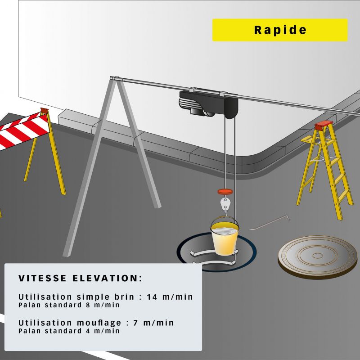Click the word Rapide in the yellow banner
(x=280, y=30)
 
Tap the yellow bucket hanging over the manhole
(x=225, y=239)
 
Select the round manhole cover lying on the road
(x=318, y=257)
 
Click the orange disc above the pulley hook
(x=225, y=192)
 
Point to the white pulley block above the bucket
(x=225, y=204)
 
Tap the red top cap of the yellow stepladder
(x=324, y=126)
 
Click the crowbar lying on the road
(x=270, y=222)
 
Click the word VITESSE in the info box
(x=42, y=278)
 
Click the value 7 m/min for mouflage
(x=153, y=323)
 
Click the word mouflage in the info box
(x=99, y=323)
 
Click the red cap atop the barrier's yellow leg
(x=44, y=111)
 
